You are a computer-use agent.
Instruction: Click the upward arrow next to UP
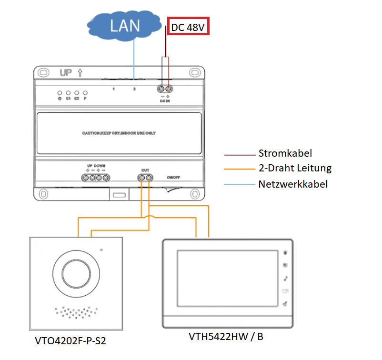(x=80, y=73)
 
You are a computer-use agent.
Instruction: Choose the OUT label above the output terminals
(x=145, y=170)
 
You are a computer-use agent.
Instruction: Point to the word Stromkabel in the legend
(x=285, y=153)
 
